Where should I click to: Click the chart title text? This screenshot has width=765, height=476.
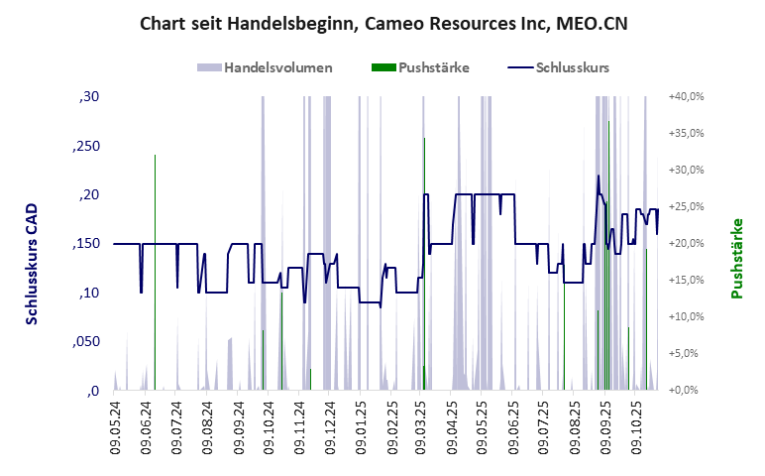click(x=383, y=22)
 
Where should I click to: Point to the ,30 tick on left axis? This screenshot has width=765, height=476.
click(x=88, y=97)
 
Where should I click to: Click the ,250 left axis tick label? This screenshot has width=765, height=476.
click(x=85, y=146)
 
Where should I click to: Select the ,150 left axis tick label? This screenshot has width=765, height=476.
click(x=85, y=244)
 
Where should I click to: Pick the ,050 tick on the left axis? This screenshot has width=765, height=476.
click(x=85, y=341)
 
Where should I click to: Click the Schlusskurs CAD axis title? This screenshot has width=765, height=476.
click(x=33, y=264)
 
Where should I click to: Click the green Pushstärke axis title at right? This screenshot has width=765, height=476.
click(x=736, y=259)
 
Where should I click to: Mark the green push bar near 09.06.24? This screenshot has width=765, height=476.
click(x=155, y=268)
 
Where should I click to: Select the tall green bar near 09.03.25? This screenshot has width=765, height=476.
click(x=424, y=258)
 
